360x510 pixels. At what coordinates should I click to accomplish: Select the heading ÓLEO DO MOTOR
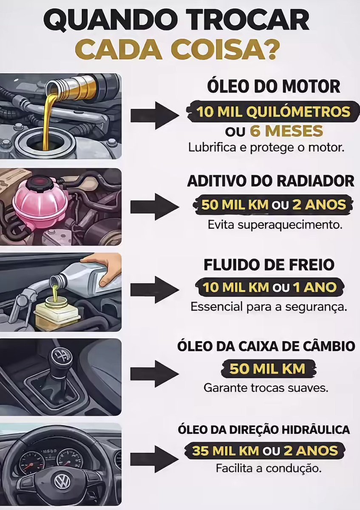(x=273, y=87)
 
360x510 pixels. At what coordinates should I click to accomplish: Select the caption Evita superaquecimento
(x=275, y=225)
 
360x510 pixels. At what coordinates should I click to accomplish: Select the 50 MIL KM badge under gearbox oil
(x=267, y=368)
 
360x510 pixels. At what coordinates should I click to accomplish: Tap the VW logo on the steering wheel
(x=62, y=482)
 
